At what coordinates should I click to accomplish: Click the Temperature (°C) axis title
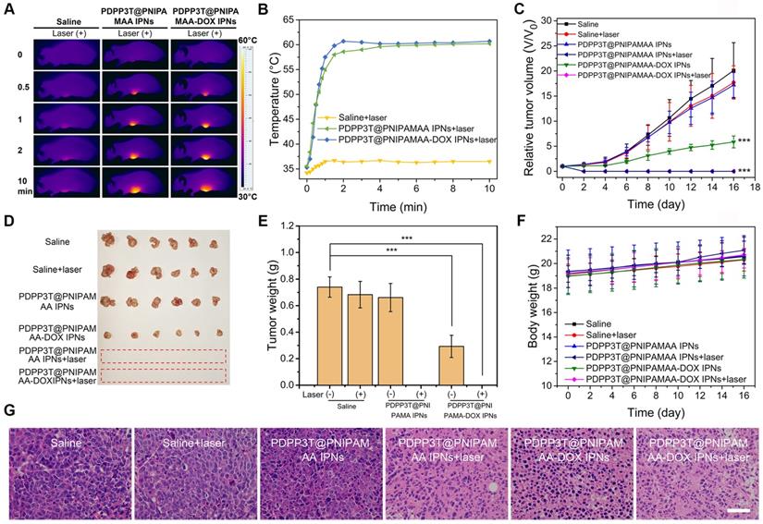pos(273,99)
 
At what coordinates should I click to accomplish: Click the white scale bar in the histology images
pos(740,508)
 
